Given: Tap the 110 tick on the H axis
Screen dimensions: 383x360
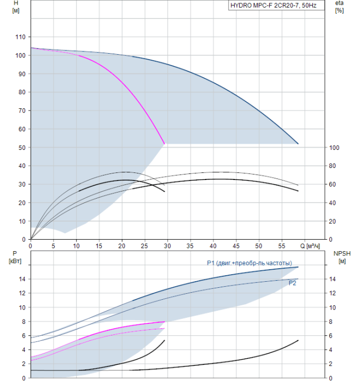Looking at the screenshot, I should (20, 37).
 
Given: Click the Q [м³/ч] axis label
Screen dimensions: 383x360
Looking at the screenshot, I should (311, 247).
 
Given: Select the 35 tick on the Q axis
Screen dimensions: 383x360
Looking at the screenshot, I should (190, 247).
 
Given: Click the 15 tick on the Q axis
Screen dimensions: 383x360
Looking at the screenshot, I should (99, 247).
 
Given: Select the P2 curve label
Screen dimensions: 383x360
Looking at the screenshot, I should (293, 283).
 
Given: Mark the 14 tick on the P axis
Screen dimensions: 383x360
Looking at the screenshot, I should (22, 279).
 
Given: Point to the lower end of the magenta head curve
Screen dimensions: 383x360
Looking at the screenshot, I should (165, 144).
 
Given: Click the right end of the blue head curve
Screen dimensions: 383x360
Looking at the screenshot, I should (298, 144).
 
